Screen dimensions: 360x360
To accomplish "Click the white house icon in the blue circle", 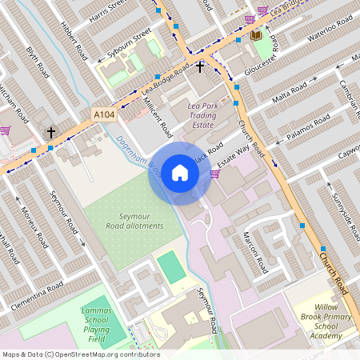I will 179,173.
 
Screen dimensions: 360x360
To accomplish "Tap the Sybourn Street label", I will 129,46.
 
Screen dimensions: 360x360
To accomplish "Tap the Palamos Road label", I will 308,128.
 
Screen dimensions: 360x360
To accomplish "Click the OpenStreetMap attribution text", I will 81,354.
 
